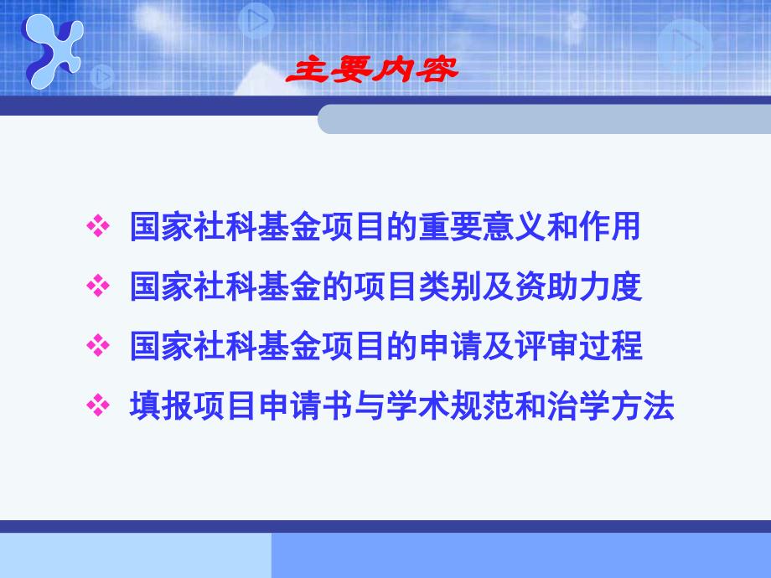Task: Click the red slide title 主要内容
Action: (x=373, y=71)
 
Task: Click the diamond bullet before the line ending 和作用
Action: (x=98, y=227)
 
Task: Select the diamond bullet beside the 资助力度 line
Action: (x=98, y=287)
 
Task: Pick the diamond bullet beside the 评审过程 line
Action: (x=98, y=346)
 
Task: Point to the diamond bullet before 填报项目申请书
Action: (x=98, y=406)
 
